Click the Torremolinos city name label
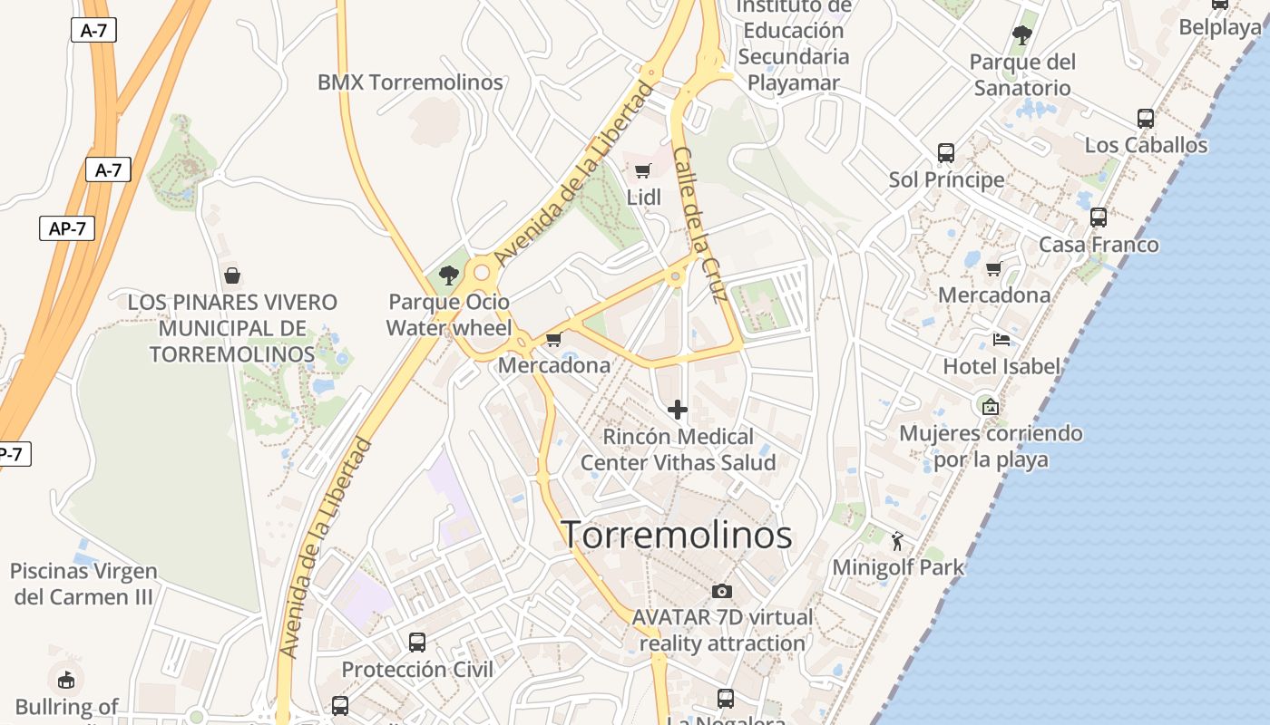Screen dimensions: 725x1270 point(677,535)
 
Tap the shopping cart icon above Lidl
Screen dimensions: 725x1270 point(643,170)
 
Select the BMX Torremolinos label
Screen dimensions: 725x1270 point(410,82)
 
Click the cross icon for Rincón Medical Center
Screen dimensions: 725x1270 point(678,410)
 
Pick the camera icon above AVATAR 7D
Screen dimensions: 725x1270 point(722,591)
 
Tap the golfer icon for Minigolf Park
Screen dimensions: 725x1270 point(897,541)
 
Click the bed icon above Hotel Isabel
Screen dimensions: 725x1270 point(1001,340)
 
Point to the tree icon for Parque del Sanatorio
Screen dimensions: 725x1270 point(1022,35)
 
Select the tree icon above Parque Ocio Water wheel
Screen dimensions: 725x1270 point(448,275)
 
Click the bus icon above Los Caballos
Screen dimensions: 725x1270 point(1146,118)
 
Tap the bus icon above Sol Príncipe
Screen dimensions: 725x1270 point(946,152)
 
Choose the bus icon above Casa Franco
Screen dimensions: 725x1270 point(1099,217)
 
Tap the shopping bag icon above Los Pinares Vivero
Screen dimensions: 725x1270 point(232,275)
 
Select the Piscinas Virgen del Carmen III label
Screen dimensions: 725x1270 point(83,585)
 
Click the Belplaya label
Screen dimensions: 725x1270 point(1219,28)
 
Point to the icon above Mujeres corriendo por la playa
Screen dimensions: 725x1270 point(990,407)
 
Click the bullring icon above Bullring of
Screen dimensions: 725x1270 point(66,679)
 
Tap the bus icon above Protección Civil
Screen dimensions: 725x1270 point(417,643)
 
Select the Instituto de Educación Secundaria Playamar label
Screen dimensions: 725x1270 point(794,43)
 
